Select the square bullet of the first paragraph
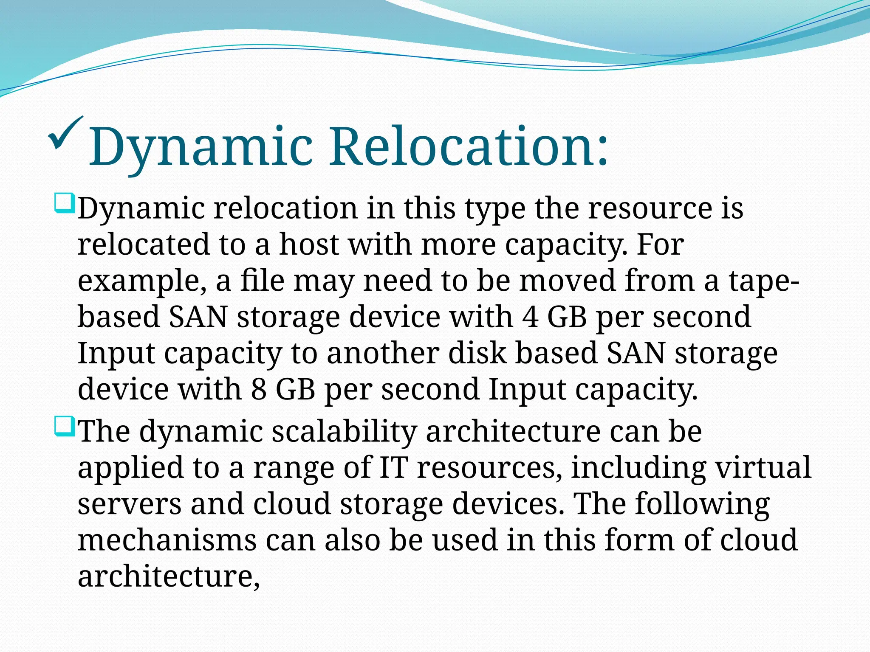pos(65,203)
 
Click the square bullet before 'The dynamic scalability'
pos(65,427)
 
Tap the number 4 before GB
pos(531,318)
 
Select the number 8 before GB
pos(259,390)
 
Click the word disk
pos(477,353)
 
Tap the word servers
pos(129,504)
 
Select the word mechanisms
pos(167,540)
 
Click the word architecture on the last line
pos(169,576)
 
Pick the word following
pos(702,504)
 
